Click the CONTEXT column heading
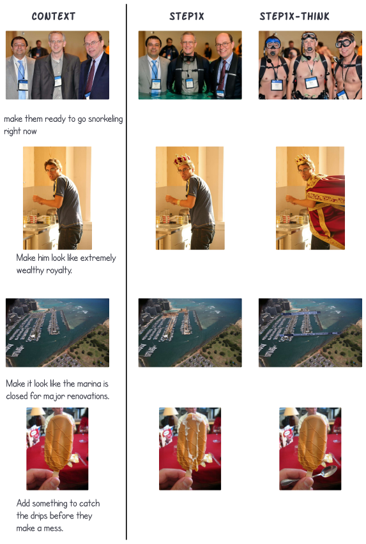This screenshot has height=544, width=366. pos(54,17)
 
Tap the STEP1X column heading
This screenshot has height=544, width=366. pos(187,17)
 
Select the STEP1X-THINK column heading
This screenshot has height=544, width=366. pos(294,17)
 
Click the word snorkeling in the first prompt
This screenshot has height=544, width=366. pos(105,119)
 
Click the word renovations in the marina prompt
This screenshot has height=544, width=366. pos(88,396)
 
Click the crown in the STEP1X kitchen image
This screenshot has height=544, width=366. pos(183,161)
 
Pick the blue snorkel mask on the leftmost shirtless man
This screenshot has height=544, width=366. pos(273,44)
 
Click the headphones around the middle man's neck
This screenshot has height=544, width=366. pos(188,57)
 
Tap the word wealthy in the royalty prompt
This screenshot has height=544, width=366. pos(30,270)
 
